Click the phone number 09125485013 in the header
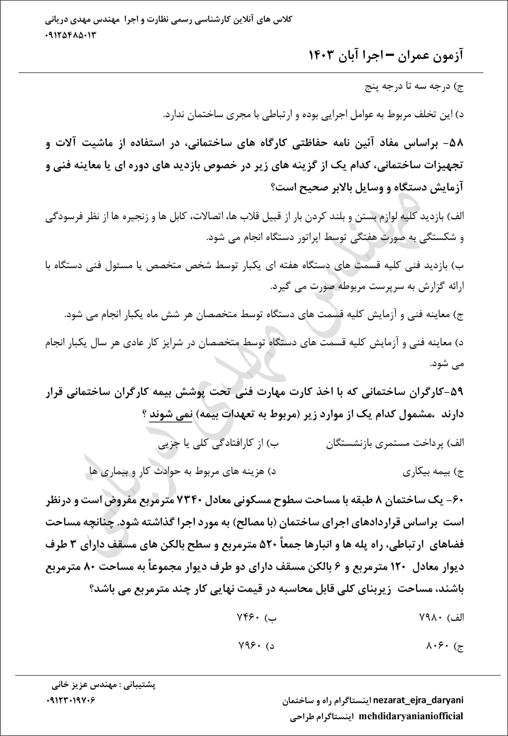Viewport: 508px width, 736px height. tap(71, 35)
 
